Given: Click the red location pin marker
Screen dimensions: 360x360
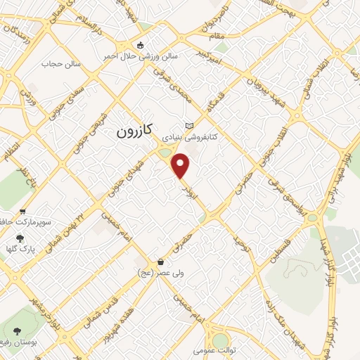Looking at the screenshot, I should click(181, 165).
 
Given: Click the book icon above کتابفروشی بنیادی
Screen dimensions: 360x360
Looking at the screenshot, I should click(188, 125).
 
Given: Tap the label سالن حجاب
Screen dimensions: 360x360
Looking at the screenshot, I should click(62, 65).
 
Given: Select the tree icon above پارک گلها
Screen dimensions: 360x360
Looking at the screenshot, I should click(19, 239).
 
